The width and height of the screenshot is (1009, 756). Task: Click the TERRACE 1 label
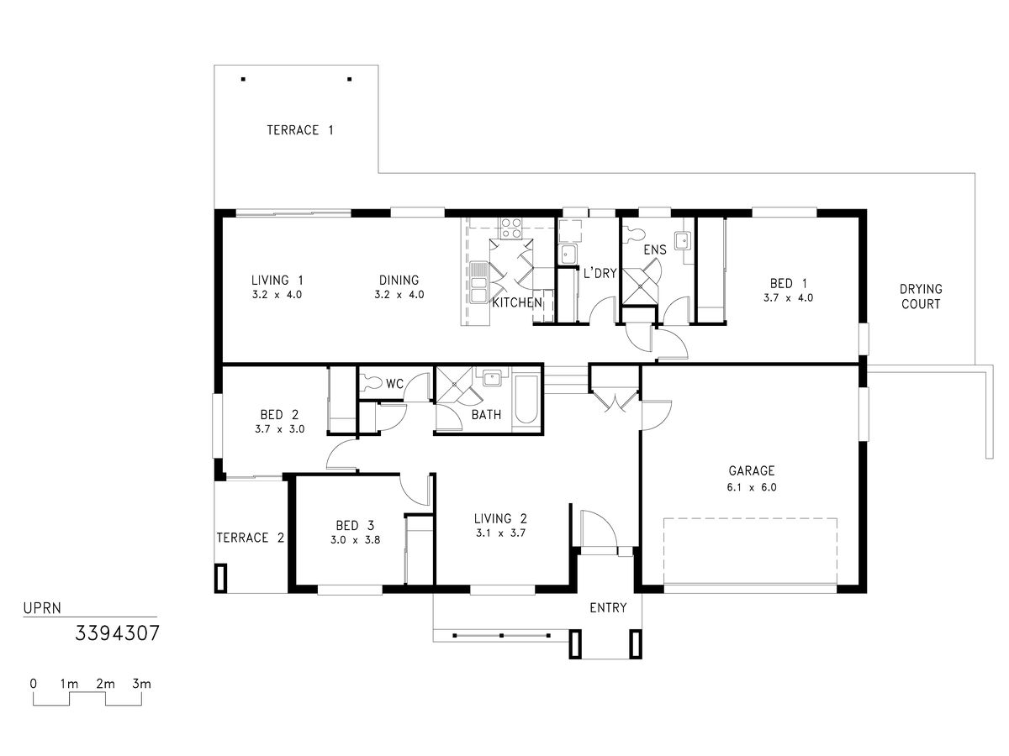click(x=300, y=130)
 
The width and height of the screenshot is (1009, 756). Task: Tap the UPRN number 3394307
click(x=117, y=633)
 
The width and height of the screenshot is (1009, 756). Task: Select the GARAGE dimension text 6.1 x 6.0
click(x=752, y=487)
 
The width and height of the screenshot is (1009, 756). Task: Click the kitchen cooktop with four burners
click(x=511, y=228)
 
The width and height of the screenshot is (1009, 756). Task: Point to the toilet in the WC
click(x=372, y=382)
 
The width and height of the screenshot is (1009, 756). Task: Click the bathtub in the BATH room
click(x=526, y=400)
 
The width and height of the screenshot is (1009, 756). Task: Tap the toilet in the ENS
click(x=633, y=235)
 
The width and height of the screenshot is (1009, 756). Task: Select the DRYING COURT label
click(x=921, y=297)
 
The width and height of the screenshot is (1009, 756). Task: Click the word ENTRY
click(x=608, y=607)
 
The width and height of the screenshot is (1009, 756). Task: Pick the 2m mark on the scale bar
click(x=105, y=684)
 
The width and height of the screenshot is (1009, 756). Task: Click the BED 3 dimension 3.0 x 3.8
click(x=356, y=540)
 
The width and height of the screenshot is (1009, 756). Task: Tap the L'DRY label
click(x=600, y=273)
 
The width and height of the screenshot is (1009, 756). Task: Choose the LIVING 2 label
click(x=500, y=518)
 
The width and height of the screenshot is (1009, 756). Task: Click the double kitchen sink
click(x=478, y=282)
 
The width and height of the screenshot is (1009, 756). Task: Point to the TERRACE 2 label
click(x=251, y=538)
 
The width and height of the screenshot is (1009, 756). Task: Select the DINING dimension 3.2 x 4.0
click(x=399, y=295)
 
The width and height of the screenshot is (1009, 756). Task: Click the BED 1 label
click(x=789, y=283)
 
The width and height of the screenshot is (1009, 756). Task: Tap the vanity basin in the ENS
click(x=682, y=239)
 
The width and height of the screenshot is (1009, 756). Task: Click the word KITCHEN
click(x=517, y=302)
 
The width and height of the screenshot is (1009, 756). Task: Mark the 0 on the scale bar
click(x=33, y=684)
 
